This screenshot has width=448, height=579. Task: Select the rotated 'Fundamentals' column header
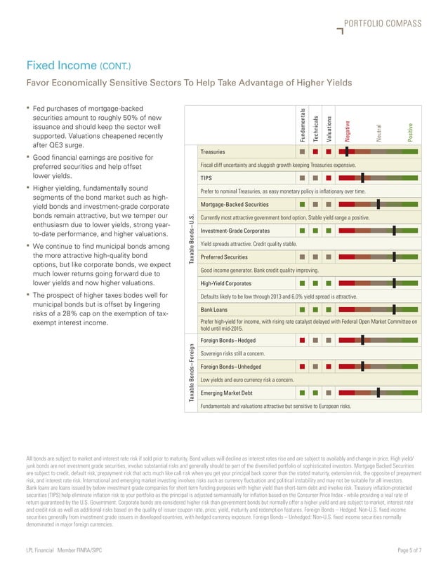point(303,126)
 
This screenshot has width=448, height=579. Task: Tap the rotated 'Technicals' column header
point(317,129)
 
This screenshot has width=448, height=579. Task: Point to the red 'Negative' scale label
point(347,132)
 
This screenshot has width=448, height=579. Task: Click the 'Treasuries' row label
point(213,151)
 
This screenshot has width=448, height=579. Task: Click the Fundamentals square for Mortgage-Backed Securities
point(302,204)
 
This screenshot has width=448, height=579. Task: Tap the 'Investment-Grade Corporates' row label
point(235,231)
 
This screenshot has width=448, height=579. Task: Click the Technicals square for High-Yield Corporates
point(317,283)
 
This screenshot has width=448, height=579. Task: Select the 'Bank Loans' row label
point(215,309)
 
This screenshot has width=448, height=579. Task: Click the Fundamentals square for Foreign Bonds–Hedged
point(302,340)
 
